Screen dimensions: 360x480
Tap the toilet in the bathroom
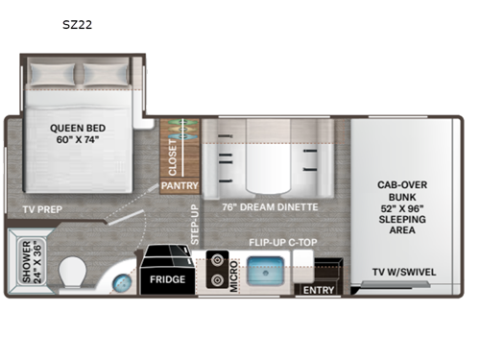[72, 276]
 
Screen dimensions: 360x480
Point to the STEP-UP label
[194, 225]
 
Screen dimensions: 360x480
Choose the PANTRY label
[179, 185]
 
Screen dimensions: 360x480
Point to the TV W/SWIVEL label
[404, 272]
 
